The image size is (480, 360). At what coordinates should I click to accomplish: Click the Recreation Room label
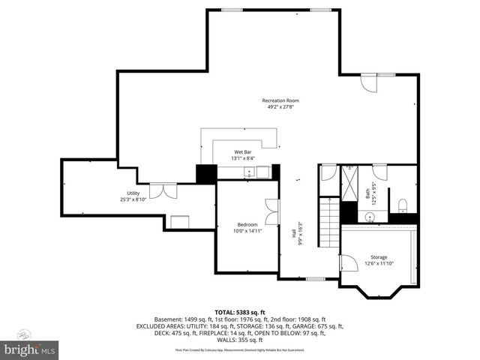tap(280, 100)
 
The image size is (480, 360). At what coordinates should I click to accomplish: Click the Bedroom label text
tap(247, 224)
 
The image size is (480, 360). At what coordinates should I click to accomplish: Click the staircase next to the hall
tap(328, 222)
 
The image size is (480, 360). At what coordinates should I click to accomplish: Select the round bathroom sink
tap(369, 216)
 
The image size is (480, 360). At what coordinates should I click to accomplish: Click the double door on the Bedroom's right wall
tap(271, 212)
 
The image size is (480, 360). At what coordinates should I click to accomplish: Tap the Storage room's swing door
tap(348, 264)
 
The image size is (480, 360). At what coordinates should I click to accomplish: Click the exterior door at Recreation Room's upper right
tap(368, 82)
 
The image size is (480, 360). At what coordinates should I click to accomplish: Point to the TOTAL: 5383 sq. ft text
tap(240, 312)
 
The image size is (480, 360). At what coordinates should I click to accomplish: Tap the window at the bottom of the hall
tap(315, 279)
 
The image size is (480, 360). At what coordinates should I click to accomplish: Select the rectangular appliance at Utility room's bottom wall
tap(180, 221)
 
